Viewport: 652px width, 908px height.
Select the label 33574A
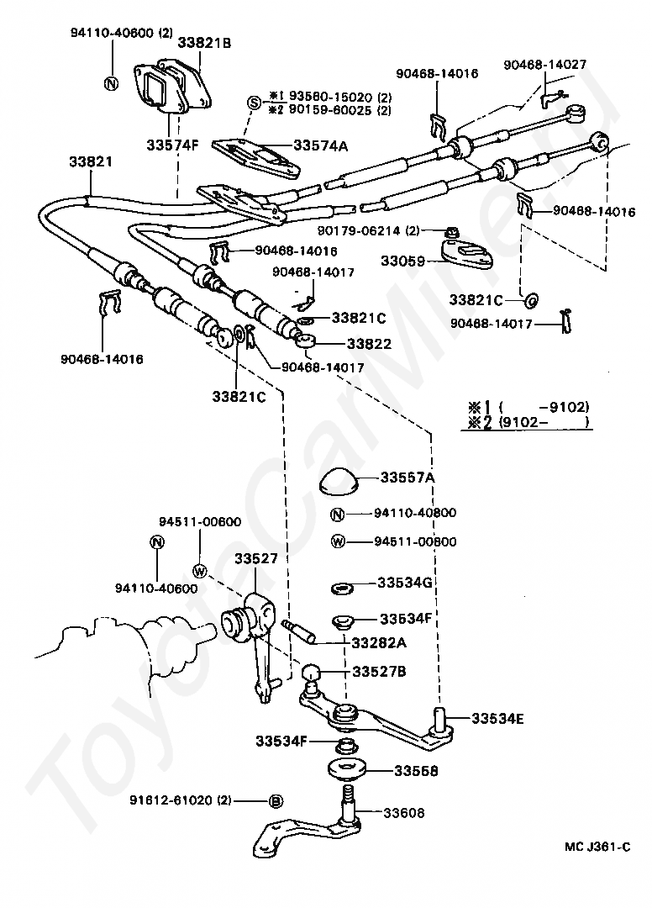coord(320,145)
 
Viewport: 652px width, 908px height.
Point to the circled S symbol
coord(254,103)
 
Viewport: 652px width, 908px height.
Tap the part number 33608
coord(404,813)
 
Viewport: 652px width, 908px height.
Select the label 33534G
coord(404,582)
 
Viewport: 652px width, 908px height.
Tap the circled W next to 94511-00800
coord(338,541)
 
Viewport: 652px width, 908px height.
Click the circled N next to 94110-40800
coord(337,515)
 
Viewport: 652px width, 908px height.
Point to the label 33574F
coord(172,145)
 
